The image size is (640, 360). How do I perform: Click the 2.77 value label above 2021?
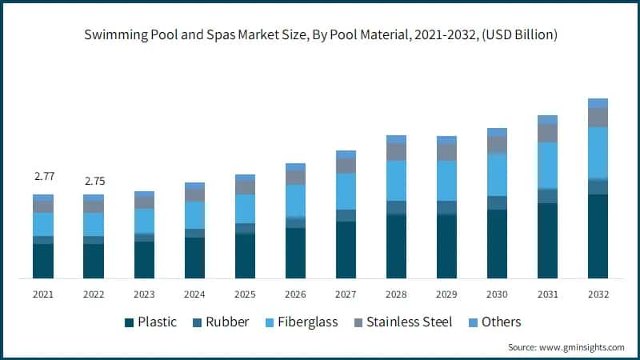click(43, 175)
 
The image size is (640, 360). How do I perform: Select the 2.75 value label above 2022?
click(94, 181)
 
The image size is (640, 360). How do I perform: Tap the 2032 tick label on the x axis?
click(598, 294)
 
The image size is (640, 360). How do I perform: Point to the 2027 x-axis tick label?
click(346, 294)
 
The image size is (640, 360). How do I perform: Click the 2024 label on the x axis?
click(194, 294)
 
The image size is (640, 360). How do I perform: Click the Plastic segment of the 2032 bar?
click(598, 236)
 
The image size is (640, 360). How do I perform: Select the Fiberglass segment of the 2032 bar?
click(598, 152)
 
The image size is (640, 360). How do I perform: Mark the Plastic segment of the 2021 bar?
click(43, 261)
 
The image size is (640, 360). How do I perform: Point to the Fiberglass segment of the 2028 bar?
click(396, 181)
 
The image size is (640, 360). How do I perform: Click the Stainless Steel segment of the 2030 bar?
click(497, 145)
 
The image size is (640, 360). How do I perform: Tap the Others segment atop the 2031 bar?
click(547, 120)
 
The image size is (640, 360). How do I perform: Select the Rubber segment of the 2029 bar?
click(446, 208)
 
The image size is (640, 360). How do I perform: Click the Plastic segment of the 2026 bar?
click(295, 253)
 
